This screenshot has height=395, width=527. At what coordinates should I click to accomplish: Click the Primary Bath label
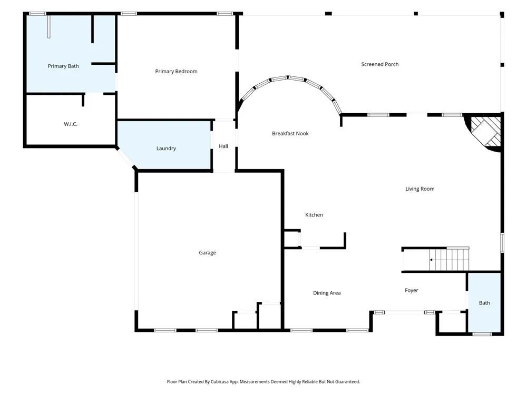(x=63, y=66)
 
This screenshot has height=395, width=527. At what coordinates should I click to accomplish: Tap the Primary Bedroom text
(x=176, y=71)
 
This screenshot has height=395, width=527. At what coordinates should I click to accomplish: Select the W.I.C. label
(x=71, y=124)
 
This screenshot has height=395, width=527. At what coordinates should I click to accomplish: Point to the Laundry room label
(x=166, y=149)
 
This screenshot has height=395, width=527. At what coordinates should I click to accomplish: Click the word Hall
(x=223, y=146)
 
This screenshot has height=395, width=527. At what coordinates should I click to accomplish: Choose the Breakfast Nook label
(x=290, y=133)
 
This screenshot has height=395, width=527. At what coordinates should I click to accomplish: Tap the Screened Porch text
(x=380, y=64)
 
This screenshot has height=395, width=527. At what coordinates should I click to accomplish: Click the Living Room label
(x=420, y=189)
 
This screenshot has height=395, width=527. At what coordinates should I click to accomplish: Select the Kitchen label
(x=314, y=215)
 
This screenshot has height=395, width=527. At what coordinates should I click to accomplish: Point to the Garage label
(x=207, y=253)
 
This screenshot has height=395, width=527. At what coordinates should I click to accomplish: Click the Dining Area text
(x=327, y=293)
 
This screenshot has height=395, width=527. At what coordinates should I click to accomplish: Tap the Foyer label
(x=412, y=290)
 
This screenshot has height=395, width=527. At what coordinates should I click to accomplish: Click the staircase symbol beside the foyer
(x=449, y=259)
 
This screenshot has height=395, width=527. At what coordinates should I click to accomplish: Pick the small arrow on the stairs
(x=431, y=260)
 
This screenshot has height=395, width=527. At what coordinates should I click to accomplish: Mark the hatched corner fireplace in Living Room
(x=484, y=132)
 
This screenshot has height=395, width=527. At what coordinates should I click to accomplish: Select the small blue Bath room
(x=484, y=302)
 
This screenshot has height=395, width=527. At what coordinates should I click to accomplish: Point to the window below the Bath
(x=482, y=334)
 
